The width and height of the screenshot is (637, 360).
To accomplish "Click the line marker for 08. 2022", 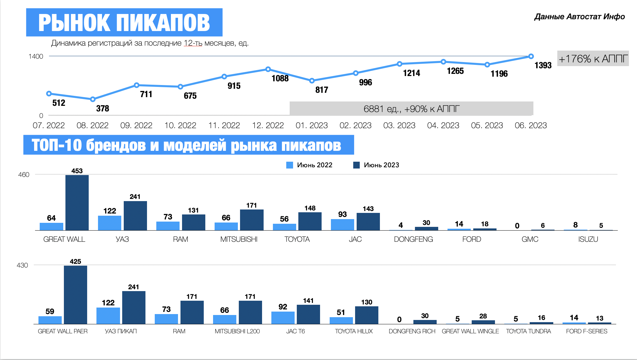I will (x=93, y=99).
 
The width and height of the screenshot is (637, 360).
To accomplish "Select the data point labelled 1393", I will (x=531, y=56).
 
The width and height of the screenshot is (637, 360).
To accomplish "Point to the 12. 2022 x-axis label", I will (x=268, y=125).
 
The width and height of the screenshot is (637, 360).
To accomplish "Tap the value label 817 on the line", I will (x=322, y=90).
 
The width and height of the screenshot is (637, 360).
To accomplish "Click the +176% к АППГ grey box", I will (x=593, y=58).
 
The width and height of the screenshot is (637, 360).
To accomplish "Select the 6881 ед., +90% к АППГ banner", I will (x=411, y=109).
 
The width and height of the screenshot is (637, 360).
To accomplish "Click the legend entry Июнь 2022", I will (x=309, y=165).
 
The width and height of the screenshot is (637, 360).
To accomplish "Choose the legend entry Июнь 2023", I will (x=376, y=165).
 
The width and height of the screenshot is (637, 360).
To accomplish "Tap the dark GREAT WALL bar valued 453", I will (x=77, y=203).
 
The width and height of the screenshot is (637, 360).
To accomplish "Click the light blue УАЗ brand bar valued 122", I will (x=109, y=223).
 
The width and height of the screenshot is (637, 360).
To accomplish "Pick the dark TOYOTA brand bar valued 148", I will (x=310, y=221).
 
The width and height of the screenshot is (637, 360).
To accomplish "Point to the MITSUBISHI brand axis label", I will (x=239, y=239).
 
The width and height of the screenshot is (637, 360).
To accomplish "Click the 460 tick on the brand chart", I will (x=24, y=175).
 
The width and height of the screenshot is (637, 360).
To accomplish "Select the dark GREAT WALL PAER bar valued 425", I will (x=75, y=295).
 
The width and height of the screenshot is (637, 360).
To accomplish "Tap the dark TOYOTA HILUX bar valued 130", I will (x=367, y=315).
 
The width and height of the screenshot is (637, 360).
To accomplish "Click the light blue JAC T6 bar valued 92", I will (x=283, y=317).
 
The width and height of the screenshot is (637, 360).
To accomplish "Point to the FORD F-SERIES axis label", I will (x=586, y=331).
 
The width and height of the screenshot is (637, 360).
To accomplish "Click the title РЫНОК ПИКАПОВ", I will (x=124, y=22).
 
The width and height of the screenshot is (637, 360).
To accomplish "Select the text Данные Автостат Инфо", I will (x=579, y=17).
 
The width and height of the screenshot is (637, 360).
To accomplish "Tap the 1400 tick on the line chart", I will (x=36, y=56).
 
